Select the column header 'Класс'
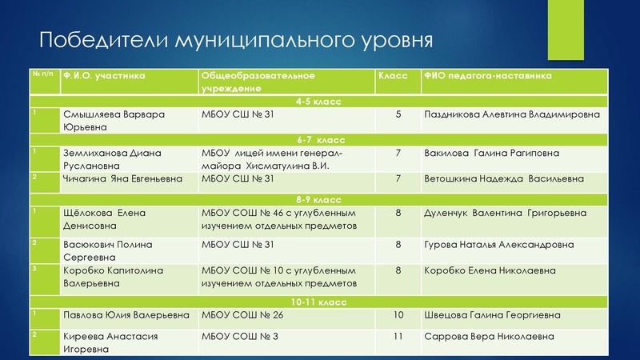point(392,77)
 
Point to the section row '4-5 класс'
point(318,102)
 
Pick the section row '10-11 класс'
point(318,302)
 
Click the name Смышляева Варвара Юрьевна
point(114,121)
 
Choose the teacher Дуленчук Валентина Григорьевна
point(505,213)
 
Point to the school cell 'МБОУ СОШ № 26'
point(242,315)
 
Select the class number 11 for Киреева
point(398,337)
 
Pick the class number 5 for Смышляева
point(398,115)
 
